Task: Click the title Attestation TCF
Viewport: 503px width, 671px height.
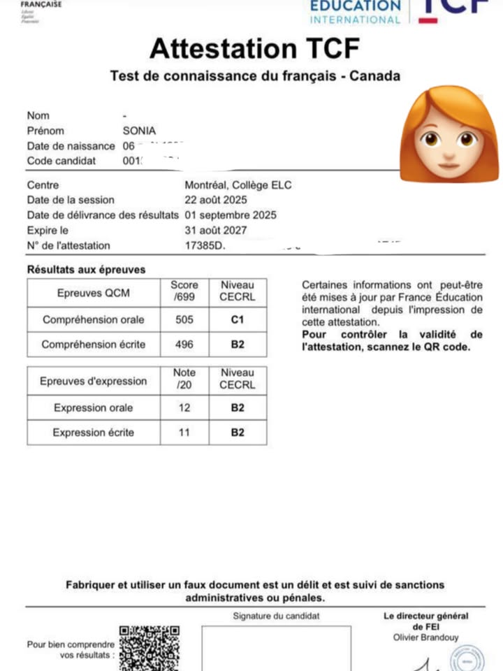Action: (x=254, y=49)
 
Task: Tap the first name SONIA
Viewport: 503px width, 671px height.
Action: (x=139, y=131)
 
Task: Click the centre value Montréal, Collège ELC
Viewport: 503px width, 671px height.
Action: (x=238, y=185)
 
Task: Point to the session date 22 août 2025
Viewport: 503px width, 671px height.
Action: (x=215, y=200)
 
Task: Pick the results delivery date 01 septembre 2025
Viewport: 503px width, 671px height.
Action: (x=230, y=215)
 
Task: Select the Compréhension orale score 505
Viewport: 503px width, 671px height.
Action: (x=184, y=319)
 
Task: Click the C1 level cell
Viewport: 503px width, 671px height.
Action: (x=238, y=319)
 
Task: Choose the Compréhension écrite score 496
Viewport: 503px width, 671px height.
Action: (x=184, y=345)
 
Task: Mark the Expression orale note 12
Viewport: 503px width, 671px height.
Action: (x=184, y=407)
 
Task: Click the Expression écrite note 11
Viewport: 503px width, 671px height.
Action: (x=184, y=433)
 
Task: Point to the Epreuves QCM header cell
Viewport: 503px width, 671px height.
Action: (x=94, y=293)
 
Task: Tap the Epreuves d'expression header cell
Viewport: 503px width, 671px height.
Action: (x=94, y=381)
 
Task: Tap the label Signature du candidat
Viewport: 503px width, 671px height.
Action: (x=276, y=616)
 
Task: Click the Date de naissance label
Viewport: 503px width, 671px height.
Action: (x=71, y=146)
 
